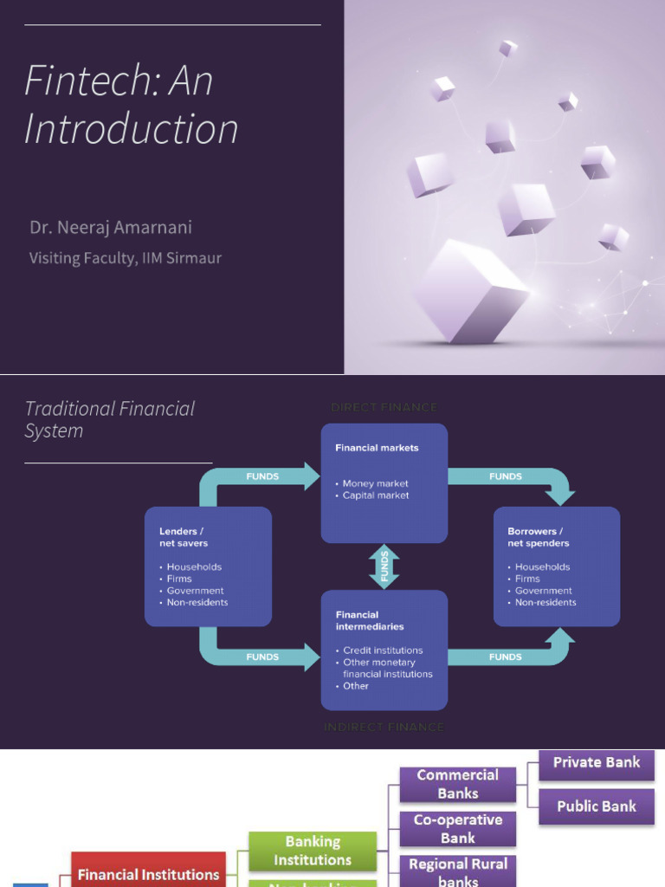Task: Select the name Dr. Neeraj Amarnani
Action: pos(111,228)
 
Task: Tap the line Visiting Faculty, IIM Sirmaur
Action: pos(126,257)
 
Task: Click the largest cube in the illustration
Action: pos(470,292)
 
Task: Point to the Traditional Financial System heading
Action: pos(109,419)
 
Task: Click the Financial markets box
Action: pos(384,482)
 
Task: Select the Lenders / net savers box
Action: pos(208,567)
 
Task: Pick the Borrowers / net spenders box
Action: pos(556,567)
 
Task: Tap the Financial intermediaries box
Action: pos(384,650)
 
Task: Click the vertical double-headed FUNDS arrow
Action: pos(384,567)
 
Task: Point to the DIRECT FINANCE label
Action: pos(384,407)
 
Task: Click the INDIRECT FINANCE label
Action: pos(384,727)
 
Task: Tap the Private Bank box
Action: pos(597,763)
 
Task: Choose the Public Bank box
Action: pos(597,806)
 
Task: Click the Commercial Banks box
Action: pos(457,784)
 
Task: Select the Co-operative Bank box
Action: pos(457,828)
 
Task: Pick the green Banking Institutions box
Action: pos(313,851)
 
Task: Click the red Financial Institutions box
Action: pos(148,873)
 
